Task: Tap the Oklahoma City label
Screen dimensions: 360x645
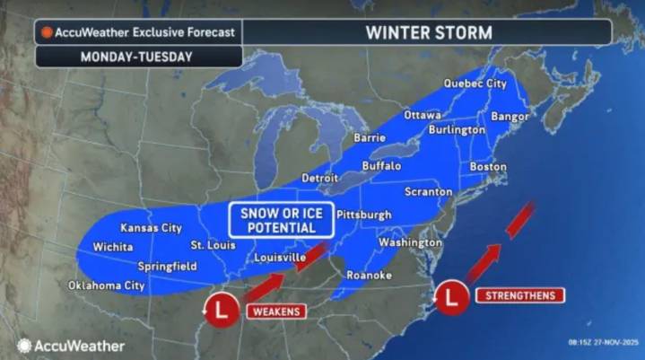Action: tap(107, 285)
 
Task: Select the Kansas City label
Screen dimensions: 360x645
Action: tap(152, 227)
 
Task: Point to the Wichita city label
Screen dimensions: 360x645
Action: tap(113, 247)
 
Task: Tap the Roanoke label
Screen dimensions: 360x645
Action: tap(369, 276)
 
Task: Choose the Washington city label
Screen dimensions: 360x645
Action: tap(411, 242)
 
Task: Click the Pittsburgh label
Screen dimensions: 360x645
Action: tap(364, 215)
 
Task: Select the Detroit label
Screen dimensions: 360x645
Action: tap(320, 178)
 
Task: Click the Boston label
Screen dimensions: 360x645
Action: tap(488, 166)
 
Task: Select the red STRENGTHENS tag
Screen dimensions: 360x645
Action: tap(519, 294)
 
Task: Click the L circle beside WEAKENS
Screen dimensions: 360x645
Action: tap(221, 311)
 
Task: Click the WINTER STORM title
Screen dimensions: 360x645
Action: tap(428, 32)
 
